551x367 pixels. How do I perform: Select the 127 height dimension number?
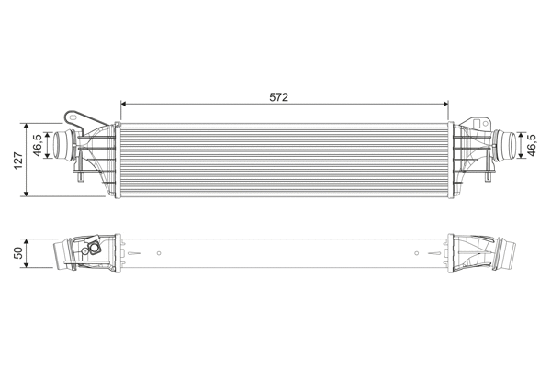[17, 160]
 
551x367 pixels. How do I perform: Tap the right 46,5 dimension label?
[534, 145]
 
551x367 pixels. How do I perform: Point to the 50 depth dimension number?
[17, 251]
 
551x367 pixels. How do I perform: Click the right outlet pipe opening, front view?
[506, 145]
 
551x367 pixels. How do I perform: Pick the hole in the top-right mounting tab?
[478, 121]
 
